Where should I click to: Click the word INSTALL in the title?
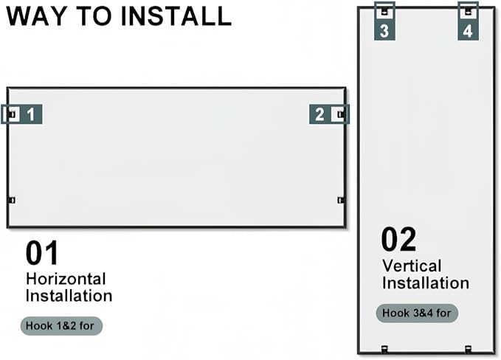176,16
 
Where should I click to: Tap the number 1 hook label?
31,114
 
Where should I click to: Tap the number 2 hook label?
319,114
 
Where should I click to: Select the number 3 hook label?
384,31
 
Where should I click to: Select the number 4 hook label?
468,31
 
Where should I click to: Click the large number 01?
42,253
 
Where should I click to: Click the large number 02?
398,239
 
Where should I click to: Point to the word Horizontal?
66,279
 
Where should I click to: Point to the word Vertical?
412,266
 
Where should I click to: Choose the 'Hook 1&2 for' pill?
61,326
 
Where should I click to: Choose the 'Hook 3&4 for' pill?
417,313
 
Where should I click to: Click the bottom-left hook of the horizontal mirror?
12,200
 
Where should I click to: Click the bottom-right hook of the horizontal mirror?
341,200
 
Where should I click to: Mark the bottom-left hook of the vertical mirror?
384,349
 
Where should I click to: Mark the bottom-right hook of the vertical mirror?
468,349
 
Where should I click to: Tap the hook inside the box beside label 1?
13,114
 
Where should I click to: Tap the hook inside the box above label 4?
468,12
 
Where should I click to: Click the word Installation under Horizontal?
69,296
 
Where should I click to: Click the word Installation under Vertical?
426,283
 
